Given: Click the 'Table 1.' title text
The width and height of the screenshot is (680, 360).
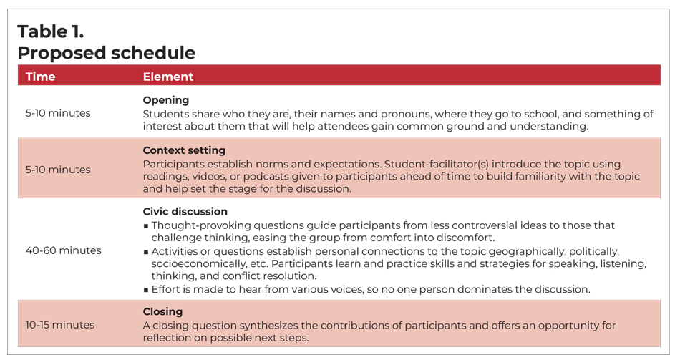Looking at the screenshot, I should point(50,31).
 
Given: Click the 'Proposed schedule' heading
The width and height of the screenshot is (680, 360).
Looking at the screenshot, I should point(106,53).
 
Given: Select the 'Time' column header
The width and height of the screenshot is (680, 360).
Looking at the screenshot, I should point(40,77).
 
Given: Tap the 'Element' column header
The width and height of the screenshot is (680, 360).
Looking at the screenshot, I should point(168,77).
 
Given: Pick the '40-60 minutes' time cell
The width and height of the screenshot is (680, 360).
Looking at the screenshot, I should point(64,250).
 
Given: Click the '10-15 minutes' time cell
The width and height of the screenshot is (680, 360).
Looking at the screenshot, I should point(60,325).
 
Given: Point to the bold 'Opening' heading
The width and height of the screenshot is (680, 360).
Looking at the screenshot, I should point(166,100).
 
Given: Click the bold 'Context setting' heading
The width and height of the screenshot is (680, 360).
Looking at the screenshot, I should point(184,151).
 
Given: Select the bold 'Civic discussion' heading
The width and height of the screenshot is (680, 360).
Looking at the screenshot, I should point(185,212).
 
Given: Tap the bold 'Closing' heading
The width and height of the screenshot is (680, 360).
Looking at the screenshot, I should point(162,312).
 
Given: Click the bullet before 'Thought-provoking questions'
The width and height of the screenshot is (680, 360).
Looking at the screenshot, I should point(145,225).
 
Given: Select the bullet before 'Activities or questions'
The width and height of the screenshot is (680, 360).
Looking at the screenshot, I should point(145,252).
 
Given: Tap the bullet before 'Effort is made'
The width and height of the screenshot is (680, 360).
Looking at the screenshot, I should point(145,290).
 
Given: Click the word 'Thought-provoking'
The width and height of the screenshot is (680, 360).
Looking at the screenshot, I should point(198,225).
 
